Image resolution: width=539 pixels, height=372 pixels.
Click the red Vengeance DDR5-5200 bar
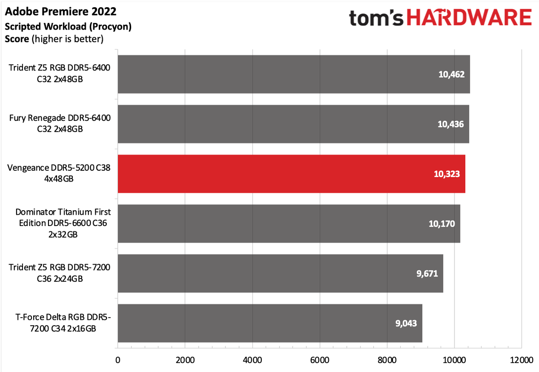[292, 174]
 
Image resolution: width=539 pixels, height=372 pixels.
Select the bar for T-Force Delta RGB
[270, 323]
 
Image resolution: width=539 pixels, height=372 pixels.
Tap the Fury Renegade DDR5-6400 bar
[293, 124]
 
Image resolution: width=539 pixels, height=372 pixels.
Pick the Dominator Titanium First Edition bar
[289, 224]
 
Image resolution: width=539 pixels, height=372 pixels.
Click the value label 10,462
[451, 74]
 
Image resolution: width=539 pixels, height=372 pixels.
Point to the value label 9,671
[427, 274]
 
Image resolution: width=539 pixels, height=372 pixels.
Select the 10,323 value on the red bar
[447, 174]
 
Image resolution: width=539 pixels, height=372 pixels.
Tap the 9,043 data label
[406, 323]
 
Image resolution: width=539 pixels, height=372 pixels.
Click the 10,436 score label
[451, 124]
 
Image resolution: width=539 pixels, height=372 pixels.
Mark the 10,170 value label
[442, 224]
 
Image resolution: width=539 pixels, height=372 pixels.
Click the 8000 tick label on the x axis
[387, 360]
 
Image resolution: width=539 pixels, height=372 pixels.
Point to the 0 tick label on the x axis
[118, 360]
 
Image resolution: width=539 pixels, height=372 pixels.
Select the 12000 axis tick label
[521, 360]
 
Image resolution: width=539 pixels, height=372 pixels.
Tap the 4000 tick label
[252, 360]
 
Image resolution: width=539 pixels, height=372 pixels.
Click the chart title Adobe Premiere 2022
[61, 12]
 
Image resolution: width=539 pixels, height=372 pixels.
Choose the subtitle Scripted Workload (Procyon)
[68, 27]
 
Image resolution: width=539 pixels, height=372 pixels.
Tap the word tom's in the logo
[376, 18]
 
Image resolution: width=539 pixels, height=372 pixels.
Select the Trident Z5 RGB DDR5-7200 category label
[60, 273]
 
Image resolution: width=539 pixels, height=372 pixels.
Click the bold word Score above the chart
[17, 39]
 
